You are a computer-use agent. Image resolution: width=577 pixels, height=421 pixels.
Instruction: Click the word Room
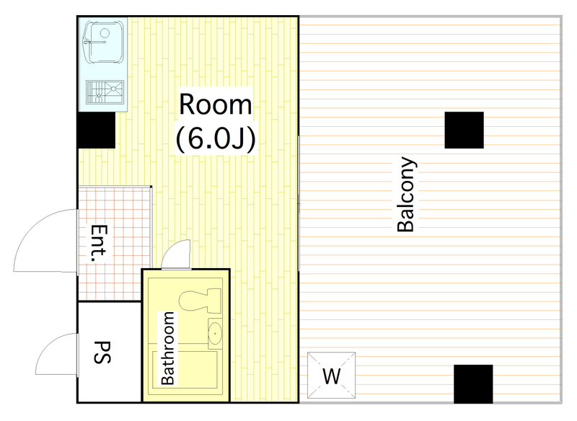click(x=215, y=105)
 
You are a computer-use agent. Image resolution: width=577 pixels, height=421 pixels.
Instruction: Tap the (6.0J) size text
click(x=216, y=139)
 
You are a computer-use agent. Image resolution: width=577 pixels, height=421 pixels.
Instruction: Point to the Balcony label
click(x=406, y=195)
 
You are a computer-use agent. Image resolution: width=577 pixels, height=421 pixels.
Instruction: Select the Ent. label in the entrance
click(x=99, y=243)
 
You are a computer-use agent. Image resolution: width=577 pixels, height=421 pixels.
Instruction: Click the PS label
click(x=102, y=353)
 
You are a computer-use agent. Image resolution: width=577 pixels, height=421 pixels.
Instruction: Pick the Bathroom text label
click(x=168, y=348)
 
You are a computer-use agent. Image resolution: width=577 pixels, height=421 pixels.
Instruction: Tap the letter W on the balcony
click(x=332, y=376)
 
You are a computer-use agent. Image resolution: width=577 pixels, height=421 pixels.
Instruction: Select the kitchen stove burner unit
click(x=105, y=92)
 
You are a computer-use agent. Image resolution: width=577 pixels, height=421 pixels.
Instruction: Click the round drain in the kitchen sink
click(x=105, y=33)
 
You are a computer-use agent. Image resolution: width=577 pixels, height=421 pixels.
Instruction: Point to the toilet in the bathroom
click(x=200, y=300)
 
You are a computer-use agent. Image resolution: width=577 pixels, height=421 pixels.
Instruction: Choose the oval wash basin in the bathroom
click(x=215, y=334)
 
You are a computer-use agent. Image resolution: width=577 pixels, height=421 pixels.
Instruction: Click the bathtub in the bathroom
click(x=185, y=370)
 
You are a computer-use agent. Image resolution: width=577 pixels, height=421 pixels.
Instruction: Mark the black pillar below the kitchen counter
click(x=97, y=130)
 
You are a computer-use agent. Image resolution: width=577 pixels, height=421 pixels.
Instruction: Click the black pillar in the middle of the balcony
click(x=464, y=130)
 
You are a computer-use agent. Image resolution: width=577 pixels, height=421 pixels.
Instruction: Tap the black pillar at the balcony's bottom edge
click(x=473, y=384)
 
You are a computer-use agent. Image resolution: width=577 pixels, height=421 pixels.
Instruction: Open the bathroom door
click(x=176, y=254)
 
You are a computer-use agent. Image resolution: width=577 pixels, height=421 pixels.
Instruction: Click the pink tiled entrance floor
click(x=115, y=244)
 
